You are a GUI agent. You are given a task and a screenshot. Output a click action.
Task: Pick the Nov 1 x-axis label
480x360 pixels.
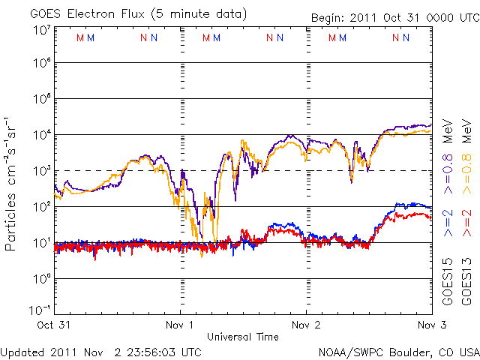pos(180,325)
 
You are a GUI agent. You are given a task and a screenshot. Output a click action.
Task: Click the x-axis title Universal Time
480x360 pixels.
pos(244,337)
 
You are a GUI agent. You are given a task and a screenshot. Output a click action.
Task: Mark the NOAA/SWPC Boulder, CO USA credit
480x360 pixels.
pos(398,351)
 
